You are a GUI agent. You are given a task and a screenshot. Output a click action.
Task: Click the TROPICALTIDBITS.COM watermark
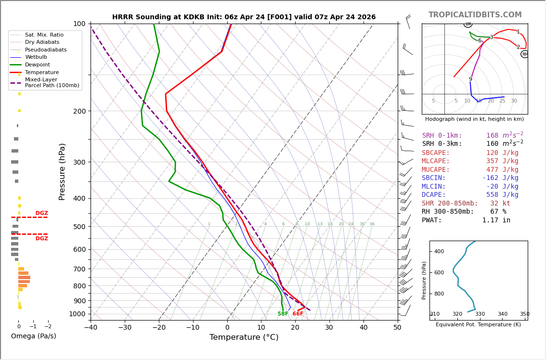[475, 15]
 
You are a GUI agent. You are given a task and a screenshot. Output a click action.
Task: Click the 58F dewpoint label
[283, 314]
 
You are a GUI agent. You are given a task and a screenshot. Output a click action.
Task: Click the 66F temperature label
[298, 314]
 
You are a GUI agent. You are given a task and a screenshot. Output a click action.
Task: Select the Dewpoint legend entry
[37, 64]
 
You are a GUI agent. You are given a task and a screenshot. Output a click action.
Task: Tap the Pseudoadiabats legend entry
[46, 50]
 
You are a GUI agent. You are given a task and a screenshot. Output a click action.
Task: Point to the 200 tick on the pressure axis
[79, 111]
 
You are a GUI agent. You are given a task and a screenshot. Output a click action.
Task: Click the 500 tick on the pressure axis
[79, 227]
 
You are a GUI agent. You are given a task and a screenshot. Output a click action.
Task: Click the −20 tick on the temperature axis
[159, 328]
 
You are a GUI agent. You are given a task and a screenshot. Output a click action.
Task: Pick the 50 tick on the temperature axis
[397, 328]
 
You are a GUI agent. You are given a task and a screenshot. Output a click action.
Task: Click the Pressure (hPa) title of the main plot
[63, 171]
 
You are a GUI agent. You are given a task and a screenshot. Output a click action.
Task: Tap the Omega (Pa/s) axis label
[33, 336]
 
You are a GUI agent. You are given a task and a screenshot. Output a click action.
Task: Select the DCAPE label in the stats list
[434, 195]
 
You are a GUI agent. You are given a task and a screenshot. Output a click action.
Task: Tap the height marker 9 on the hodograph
[470, 79]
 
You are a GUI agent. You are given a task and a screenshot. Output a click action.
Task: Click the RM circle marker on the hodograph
[525, 54]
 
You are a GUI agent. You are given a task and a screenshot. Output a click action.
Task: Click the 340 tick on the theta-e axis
[502, 314]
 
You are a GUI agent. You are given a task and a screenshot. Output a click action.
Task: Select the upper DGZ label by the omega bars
[41, 213]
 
